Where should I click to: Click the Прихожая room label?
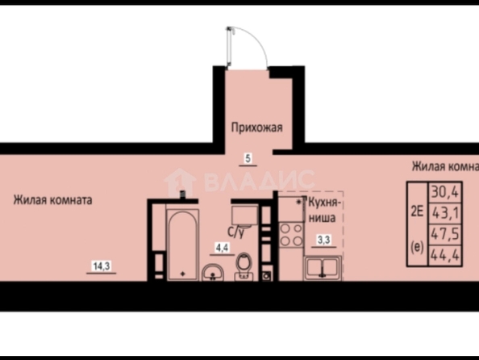tap(256, 128)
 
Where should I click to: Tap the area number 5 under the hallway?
tap(248, 158)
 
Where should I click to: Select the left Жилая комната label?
tap(52, 200)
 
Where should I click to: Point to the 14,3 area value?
tap(102, 266)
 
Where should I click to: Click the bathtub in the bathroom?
tap(182, 245)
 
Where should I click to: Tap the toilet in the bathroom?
tap(244, 266)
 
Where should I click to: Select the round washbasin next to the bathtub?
tap(213, 273)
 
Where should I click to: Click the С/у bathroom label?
tap(236, 232)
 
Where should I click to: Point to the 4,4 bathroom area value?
tap(222, 248)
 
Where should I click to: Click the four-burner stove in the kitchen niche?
tap(291, 235)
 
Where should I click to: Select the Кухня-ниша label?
tap(323, 210)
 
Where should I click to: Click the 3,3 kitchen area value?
tap(324, 240)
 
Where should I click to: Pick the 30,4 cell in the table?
tap(445, 192)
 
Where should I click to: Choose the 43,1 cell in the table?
tap(445, 213)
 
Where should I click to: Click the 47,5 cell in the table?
tap(445, 235)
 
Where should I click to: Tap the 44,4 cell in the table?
tap(445, 255)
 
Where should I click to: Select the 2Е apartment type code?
tap(417, 211)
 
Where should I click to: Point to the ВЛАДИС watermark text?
tap(259, 181)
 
